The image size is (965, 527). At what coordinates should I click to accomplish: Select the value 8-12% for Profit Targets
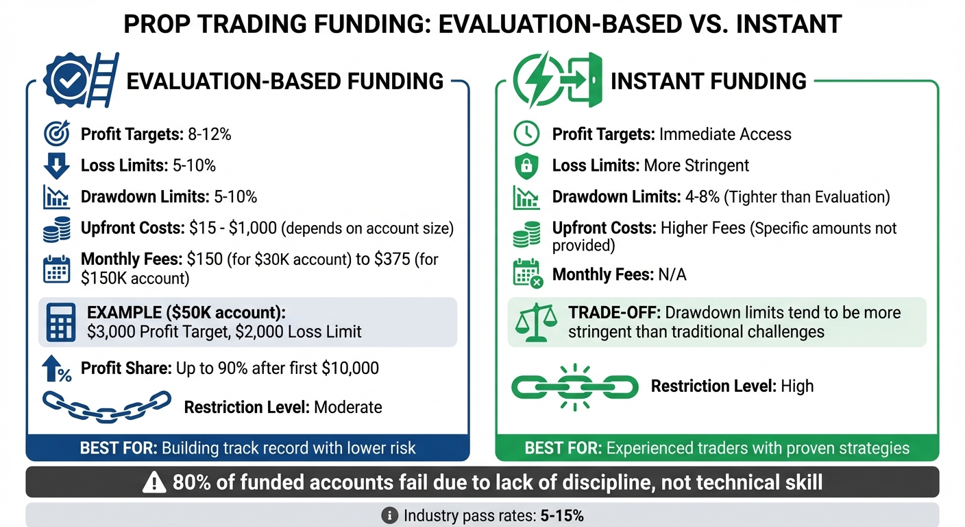(209, 134)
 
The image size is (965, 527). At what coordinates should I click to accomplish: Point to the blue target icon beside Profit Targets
(56, 134)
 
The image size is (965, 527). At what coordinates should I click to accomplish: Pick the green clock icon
(526, 134)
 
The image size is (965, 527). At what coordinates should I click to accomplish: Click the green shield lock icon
(526, 166)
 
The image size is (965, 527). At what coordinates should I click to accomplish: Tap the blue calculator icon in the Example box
(60, 323)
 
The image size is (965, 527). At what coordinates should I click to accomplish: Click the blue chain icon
(106, 407)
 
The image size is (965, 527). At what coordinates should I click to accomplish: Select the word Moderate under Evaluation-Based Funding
(347, 408)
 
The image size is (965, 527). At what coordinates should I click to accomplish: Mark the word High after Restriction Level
(796, 386)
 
